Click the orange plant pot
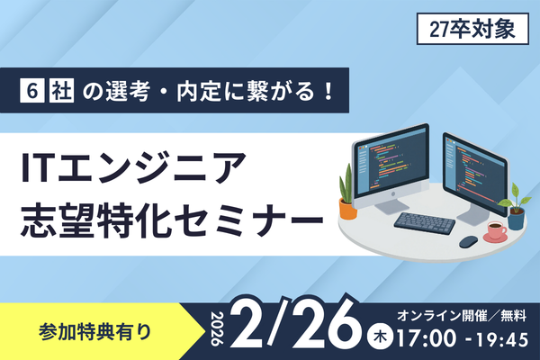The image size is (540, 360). coord(347,208)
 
